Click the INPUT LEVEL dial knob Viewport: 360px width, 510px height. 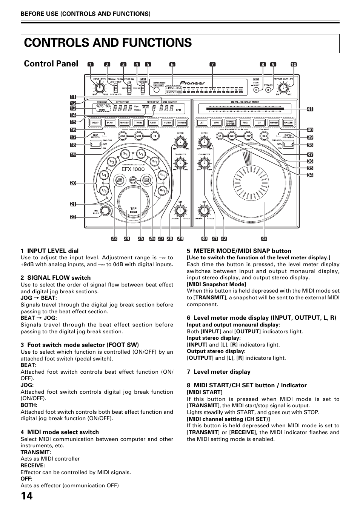[100, 88]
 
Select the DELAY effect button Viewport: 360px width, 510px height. [95, 123]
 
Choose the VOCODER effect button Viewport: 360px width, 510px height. [288, 123]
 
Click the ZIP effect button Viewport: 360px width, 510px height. [259, 123]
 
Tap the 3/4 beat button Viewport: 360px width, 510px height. [125, 154]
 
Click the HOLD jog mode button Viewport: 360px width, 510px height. [265, 136]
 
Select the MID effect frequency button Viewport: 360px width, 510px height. [138, 136]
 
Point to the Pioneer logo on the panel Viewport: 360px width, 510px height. [192, 83]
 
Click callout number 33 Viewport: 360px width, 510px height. [264, 239]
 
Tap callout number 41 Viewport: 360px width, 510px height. [310, 109]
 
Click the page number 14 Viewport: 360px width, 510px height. [26, 496]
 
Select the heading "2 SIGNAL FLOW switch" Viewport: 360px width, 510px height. [55, 278]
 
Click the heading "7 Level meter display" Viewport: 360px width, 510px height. [218, 372]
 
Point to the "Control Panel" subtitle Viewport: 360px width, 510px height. [51, 63]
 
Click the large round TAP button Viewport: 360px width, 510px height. [133, 206]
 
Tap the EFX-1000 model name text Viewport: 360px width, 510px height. [133, 169]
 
